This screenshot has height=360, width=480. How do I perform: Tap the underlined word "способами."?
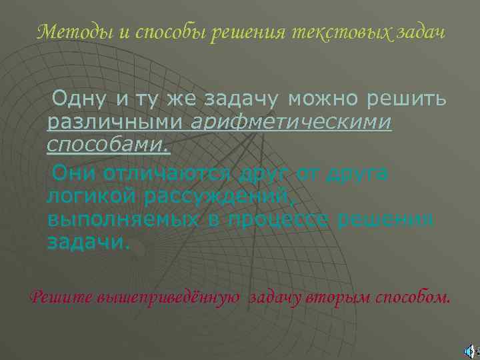pyautogui.click(x=109, y=145)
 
